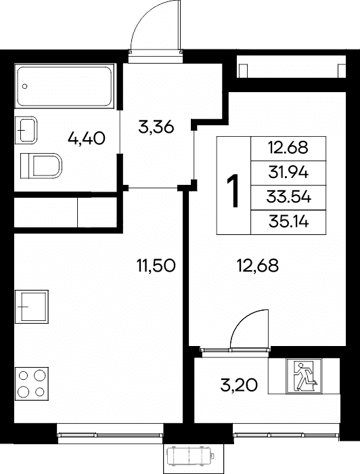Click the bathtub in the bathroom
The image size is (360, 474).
click(x=65, y=86)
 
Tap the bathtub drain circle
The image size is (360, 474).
click(x=25, y=86)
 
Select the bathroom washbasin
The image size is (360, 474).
click(x=26, y=130)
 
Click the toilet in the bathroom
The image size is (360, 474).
click(x=41, y=166)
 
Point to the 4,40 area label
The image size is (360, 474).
click(x=87, y=139)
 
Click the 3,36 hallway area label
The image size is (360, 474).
click(x=156, y=127)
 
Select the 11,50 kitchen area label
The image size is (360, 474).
click(x=156, y=265)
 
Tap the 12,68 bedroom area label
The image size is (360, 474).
click(x=258, y=266)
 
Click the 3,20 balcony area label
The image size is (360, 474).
click(x=239, y=385)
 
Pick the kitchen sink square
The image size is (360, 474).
click(x=32, y=307)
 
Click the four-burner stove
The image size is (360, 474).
click(x=32, y=383)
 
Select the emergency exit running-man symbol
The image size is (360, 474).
click(x=304, y=376)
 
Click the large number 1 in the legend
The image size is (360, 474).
click(x=233, y=190)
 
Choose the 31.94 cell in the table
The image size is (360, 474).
click(x=288, y=173)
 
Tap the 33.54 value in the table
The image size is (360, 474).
click(x=288, y=198)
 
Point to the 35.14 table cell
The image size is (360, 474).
click(x=288, y=222)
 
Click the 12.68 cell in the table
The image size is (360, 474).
click(x=288, y=148)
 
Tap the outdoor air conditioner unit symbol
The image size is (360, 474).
click(x=190, y=456)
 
